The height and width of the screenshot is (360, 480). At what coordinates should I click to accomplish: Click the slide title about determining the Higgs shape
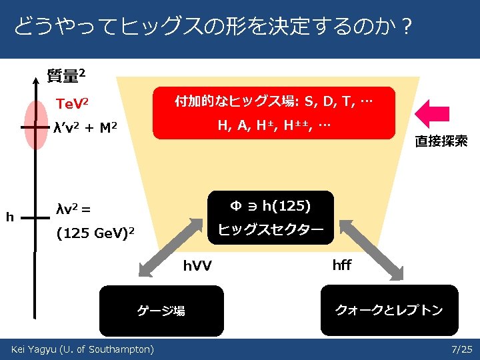click(212, 29)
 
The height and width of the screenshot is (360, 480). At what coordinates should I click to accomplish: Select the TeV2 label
click(73, 104)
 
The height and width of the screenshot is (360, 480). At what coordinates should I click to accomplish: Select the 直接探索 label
click(441, 141)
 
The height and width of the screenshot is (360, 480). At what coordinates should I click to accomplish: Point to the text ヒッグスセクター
click(271, 230)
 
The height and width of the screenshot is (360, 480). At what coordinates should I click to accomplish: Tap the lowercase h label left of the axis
click(9, 216)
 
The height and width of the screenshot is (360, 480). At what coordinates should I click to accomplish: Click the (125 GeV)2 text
click(96, 233)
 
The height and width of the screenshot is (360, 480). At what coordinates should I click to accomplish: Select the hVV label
click(197, 266)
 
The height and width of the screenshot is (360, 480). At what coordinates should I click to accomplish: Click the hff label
click(341, 265)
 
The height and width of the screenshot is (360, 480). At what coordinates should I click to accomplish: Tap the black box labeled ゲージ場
click(161, 310)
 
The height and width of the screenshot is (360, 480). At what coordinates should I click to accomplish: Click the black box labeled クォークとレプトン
click(389, 310)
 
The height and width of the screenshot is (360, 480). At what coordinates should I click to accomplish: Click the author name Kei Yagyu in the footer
click(82, 349)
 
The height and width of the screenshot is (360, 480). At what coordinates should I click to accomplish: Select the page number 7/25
click(461, 349)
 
